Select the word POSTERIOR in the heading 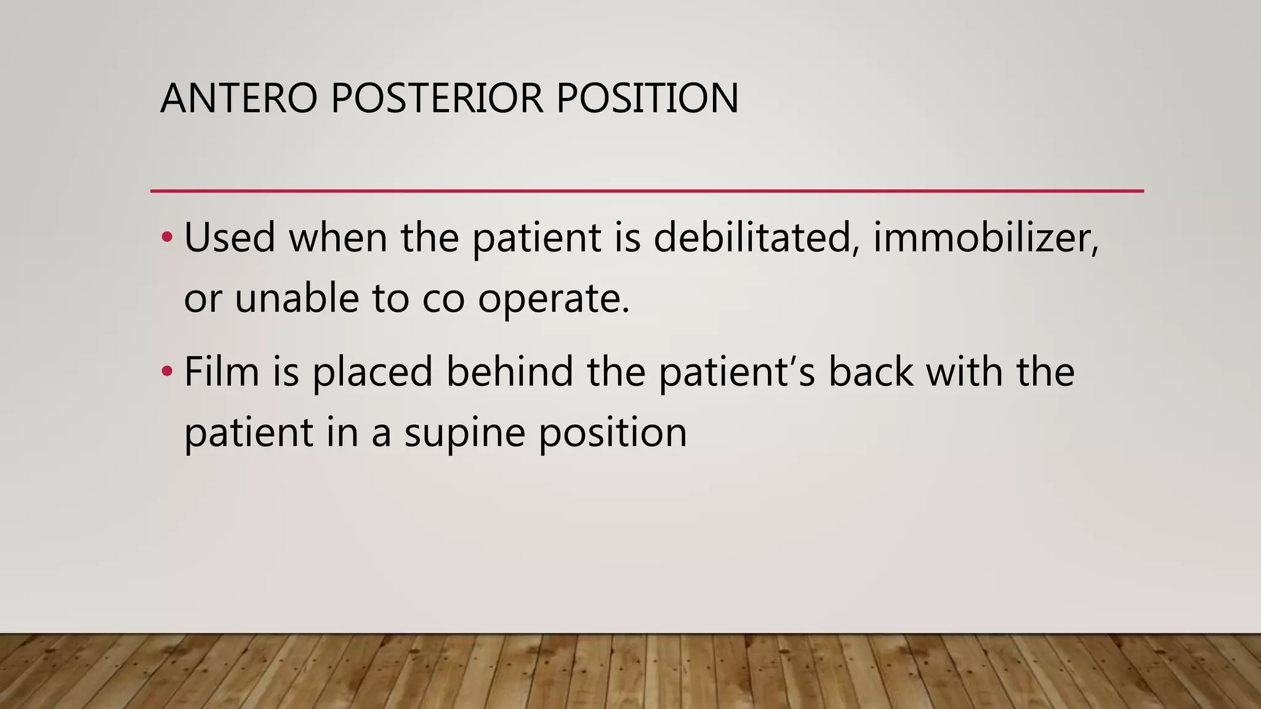[x=437, y=98]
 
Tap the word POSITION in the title [x=647, y=98]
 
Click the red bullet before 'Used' [x=167, y=237]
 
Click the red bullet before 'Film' [x=167, y=371]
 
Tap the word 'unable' [x=297, y=298]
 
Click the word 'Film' [x=221, y=372]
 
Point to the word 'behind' [x=510, y=372]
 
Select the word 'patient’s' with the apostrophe [x=736, y=373]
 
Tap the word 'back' [x=871, y=372]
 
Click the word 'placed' [x=373, y=373]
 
